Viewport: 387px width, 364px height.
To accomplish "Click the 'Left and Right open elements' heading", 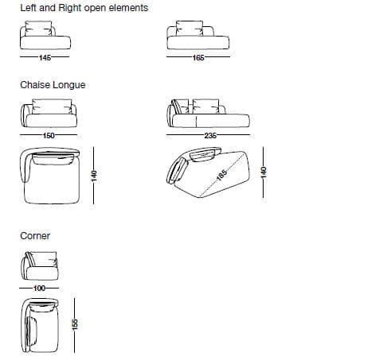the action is (84, 8).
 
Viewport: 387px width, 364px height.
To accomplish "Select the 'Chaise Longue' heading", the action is (53, 85).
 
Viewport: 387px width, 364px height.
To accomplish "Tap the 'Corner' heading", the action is (35, 236).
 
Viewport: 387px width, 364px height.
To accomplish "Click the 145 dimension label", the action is (45, 57).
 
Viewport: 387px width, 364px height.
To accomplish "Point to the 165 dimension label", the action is (198, 57).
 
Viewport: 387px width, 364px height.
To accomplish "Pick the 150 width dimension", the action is (49, 136).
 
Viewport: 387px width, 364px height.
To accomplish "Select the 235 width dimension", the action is (210, 136).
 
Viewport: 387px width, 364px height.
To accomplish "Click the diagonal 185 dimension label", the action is (221, 175).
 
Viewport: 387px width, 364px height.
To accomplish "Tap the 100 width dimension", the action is (39, 288).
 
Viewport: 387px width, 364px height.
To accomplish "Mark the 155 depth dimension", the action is (75, 324).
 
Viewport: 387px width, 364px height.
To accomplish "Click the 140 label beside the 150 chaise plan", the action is (94, 176).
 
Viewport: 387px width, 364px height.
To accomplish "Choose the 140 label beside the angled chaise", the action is (264, 172).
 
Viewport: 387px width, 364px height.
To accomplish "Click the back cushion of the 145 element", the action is (39, 29).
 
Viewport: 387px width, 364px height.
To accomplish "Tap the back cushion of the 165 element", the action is (190, 29).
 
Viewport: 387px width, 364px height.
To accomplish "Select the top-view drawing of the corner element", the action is (40, 326).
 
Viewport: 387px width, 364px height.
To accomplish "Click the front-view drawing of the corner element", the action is (39, 265).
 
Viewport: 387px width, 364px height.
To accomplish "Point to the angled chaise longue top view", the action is (209, 172).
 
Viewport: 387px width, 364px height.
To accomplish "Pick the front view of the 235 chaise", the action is (209, 114).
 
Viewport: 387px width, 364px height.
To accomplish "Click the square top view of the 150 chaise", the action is (50, 176).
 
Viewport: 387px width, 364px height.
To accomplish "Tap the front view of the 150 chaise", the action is (49, 114).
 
